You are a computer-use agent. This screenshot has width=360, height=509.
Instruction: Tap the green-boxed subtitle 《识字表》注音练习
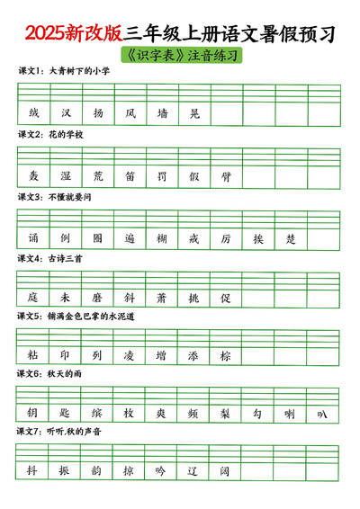click(180, 55)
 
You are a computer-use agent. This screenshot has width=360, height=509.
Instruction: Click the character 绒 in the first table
click(33, 114)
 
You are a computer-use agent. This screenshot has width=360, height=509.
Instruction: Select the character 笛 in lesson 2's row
click(130, 177)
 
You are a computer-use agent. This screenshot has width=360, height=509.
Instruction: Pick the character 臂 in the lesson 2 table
click(227, 177)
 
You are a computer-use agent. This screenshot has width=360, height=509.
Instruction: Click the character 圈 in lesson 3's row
click(98, 240)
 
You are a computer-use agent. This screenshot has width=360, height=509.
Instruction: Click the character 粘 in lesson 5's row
click(33, 355)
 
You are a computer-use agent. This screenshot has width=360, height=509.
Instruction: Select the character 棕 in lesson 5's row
click(227, 355)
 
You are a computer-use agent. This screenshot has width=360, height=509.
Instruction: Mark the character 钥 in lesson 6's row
click(33, 413)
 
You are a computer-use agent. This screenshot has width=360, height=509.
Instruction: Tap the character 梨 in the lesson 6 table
click(227, 413)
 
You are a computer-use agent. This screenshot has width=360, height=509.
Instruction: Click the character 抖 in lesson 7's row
click(33, 470)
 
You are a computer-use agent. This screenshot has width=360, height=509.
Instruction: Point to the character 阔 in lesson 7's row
click(227, 470)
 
